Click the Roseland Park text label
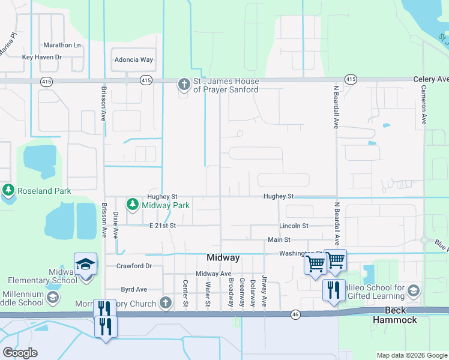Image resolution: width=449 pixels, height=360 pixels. point(44,191)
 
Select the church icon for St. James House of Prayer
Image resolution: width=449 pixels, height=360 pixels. point(184,85)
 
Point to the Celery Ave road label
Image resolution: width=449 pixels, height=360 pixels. point(430,79)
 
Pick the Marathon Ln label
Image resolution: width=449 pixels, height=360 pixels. point(62,45)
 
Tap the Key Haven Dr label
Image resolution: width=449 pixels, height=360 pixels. point(42,57)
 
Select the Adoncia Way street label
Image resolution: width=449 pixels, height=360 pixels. point(134,60)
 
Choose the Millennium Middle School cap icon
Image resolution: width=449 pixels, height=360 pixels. point(53,298)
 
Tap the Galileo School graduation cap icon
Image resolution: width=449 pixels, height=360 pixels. point(413,291)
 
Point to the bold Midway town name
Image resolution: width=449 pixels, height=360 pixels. point(223,257)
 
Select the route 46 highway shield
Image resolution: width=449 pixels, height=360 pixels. point(295,314)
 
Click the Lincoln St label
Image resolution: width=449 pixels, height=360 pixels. point(294,226)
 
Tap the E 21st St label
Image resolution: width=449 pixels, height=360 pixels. point(162,226)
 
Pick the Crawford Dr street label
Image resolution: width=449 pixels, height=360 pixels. point(134,266)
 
